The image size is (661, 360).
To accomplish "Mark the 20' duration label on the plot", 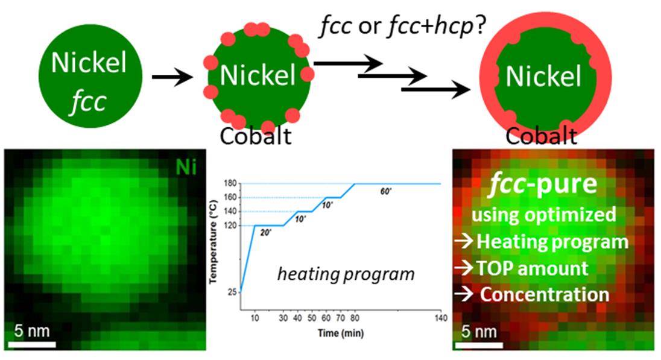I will [266, 233].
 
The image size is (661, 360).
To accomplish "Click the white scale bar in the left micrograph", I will [34, 344].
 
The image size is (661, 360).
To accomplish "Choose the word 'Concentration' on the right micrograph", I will [544, 294].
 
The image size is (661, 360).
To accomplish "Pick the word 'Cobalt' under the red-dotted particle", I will [256, 136].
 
